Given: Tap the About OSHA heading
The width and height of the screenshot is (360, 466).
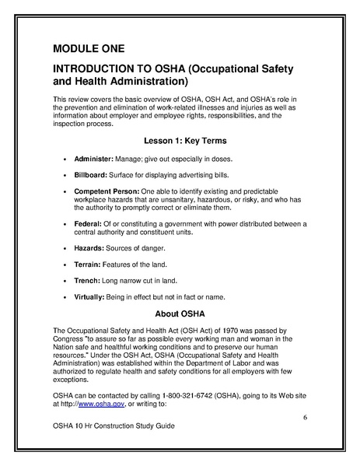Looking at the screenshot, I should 180,314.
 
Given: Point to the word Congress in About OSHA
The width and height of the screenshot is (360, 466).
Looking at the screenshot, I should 69,338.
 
